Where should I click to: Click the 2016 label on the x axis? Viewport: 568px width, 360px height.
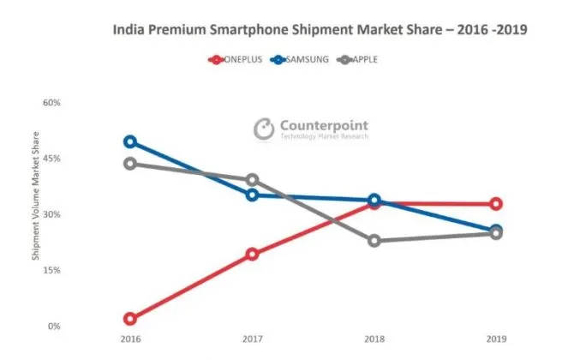click(130, 339)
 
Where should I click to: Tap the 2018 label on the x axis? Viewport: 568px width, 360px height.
click(374, 339)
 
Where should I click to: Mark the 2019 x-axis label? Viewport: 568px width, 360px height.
click(496, 339)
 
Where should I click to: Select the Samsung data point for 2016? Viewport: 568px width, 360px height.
click(130, 141)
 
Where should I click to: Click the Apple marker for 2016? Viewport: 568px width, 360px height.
click(130, 164)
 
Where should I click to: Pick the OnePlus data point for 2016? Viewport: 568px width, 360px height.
click(130, 319)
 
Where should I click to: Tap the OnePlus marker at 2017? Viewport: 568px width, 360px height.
click(252, 255)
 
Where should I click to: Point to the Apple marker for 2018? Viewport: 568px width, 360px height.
click(374, 241)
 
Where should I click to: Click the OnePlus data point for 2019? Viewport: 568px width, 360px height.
click(496, 204)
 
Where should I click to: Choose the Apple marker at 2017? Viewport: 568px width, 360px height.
click(252, 180)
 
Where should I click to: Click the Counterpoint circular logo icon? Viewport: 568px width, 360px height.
click(263, 129)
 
